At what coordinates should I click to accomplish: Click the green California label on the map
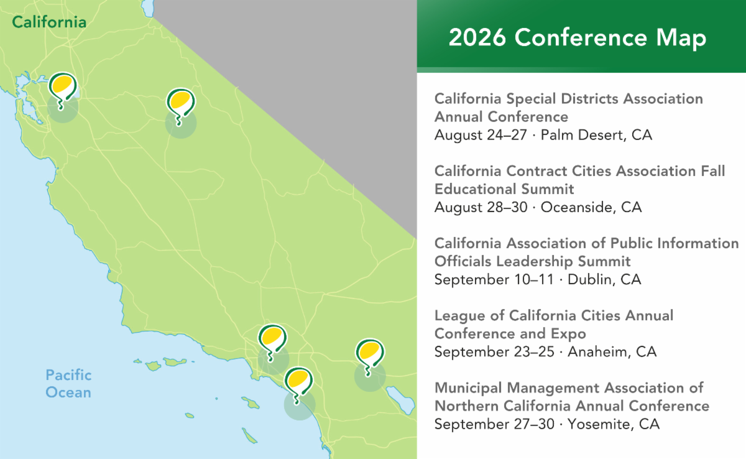tap(49, 22)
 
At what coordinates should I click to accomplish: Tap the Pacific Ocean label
tap(68, 384)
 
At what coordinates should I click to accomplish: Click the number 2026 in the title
tap(477, 37)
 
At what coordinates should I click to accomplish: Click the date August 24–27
tap(481, 135)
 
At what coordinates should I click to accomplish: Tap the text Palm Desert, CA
tap(596, 135)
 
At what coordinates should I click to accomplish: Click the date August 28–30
tap(481, 207)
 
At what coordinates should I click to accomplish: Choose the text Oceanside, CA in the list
tap(591, 207)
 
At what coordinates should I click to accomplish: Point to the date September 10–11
tap(494, 279)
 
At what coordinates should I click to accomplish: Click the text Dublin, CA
tap(604, 279)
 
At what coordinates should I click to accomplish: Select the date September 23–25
tap(494, 352)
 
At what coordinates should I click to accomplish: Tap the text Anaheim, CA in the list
tap(612, 352)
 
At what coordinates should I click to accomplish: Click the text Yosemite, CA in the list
tap(614, 424)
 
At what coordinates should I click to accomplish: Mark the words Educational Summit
tap(504, 189)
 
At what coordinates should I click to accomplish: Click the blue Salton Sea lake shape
tap(400, 400)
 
